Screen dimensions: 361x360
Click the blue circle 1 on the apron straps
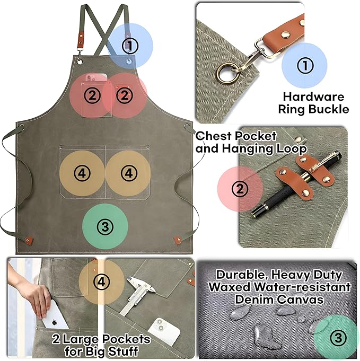(x=129, y=46)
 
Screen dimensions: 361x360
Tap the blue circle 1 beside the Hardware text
(x=304, y=66)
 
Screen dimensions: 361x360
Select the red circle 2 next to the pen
(x=241, y=189)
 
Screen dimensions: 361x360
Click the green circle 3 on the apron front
(x=106, y=227)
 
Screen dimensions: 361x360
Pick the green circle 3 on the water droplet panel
(x=338, y=338)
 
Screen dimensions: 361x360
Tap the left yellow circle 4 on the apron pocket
(x=82, y=173)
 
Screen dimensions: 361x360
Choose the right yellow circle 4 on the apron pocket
(x=128, y=173)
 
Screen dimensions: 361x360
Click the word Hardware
(x=313, y=97)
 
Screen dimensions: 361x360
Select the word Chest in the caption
(x=212, y=136)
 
